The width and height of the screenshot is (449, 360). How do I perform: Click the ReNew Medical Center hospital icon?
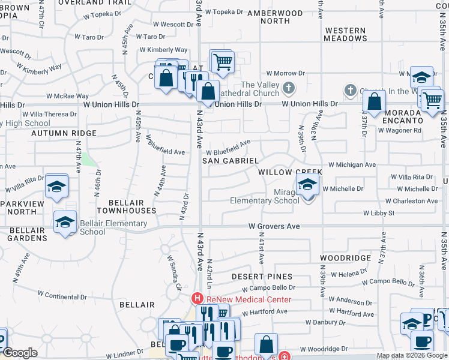(x=196, y=299)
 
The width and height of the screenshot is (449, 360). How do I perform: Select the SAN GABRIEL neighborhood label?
(x=230, y=161)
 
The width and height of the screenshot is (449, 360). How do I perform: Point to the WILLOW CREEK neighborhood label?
(x=290, y=172)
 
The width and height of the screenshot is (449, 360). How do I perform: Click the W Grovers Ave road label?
(x=274, y=227)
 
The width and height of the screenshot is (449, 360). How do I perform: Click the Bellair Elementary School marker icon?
(x=65, y=223)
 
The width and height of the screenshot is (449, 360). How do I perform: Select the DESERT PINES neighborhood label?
(x=262, y=277)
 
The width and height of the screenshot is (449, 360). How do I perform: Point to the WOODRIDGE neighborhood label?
(x=345, y=257)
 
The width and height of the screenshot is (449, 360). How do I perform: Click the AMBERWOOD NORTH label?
(x=275, y=17)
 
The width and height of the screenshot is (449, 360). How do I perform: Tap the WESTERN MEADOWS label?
(x=345, y=34)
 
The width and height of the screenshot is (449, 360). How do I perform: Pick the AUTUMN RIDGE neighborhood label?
(x=64, y=133)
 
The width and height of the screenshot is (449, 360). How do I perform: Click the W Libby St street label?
(x=378, y=214)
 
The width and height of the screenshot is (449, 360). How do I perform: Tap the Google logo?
(x=20, y=353)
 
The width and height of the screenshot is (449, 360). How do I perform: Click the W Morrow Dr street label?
(x=286, y=73)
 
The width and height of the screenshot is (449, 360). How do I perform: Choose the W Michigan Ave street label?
(x=352, y=164)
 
